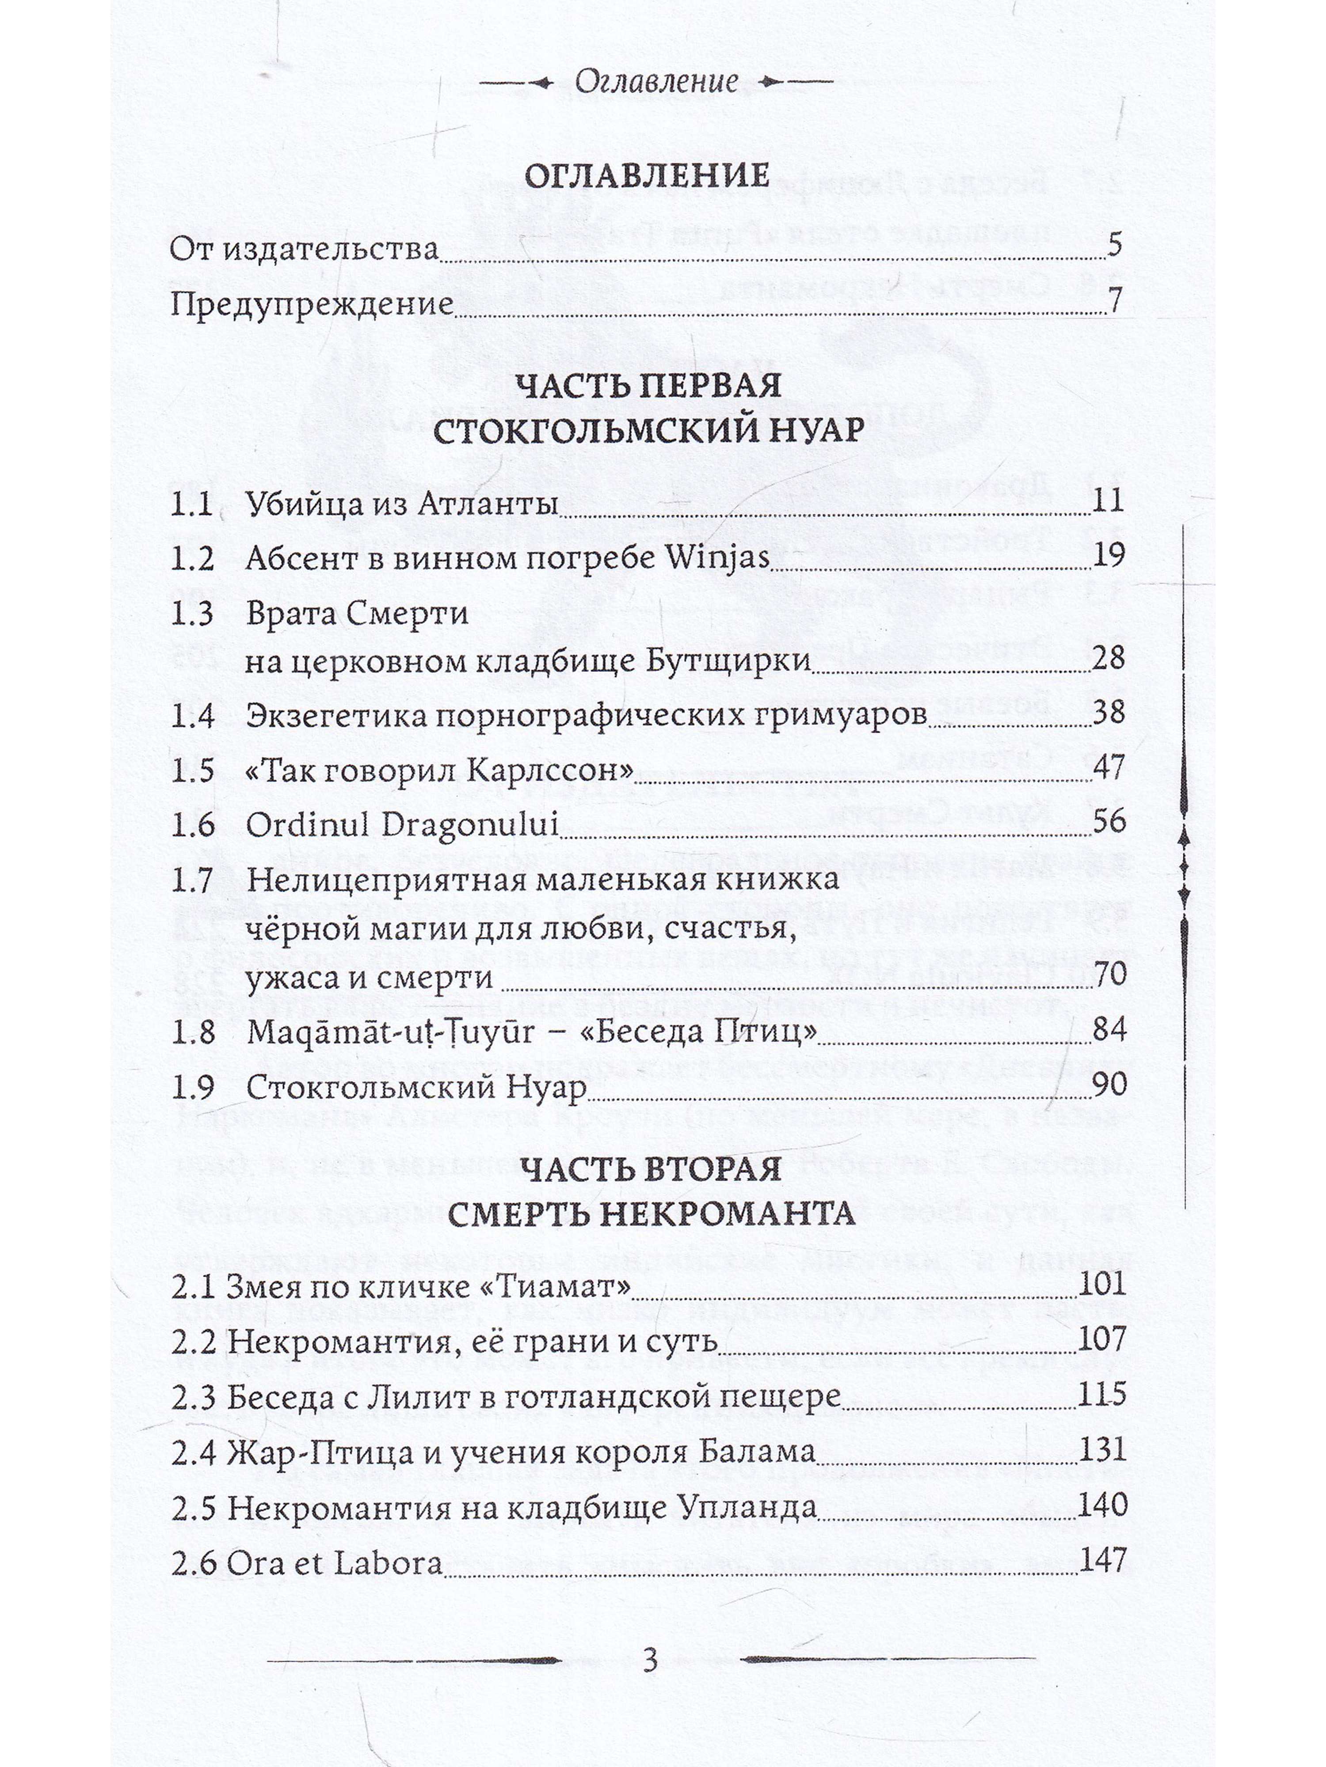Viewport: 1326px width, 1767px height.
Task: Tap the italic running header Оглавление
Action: [x=656, y=81]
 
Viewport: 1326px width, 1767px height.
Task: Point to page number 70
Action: [x=1108, y=974]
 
